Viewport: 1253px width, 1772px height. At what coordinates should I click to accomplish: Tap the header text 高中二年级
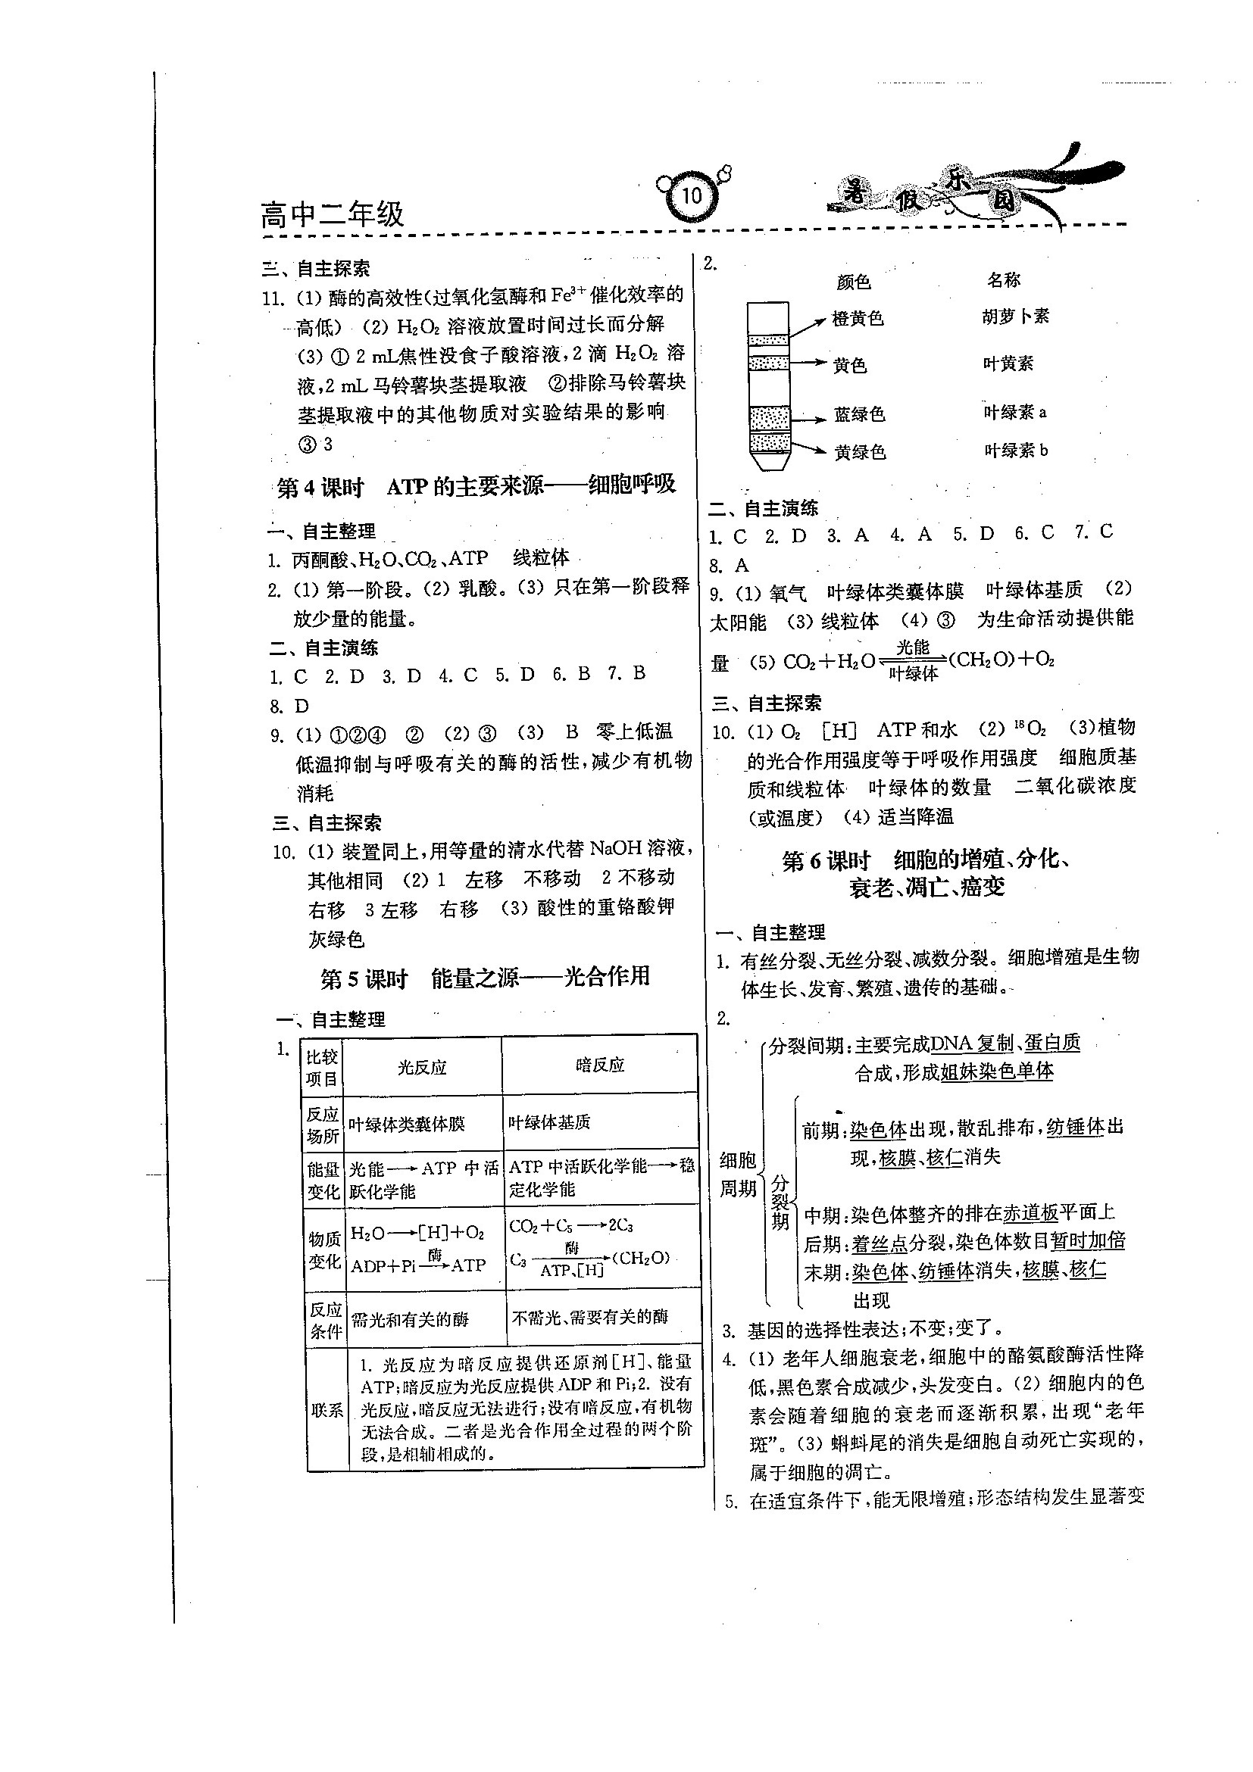[332, 214]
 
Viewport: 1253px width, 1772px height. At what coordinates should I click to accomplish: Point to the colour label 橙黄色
[858, 319]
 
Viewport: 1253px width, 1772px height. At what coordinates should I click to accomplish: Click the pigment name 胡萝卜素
[1016, 317]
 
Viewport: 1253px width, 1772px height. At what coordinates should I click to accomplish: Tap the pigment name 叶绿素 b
[1016, 451]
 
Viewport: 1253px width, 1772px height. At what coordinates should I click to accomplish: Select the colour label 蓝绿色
[859, 414]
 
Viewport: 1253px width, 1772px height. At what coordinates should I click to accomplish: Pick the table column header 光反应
[422, 1068]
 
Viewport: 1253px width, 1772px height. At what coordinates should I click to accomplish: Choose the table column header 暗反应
[600, 1065]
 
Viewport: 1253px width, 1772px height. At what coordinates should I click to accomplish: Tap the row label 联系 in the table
[327, 1410]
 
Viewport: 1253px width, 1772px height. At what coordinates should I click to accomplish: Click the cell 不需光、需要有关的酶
[590, 1318]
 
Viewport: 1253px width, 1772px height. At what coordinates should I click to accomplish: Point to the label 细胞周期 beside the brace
[737, 1174]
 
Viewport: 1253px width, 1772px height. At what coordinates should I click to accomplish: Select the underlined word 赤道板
[1030, 1214]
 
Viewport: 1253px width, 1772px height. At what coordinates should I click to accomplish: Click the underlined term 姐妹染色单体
[997, 1072]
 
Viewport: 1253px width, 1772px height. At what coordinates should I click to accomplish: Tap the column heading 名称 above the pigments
[1004, 280]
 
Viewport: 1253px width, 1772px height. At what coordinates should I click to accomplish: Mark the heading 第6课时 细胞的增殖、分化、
[926, 860]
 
